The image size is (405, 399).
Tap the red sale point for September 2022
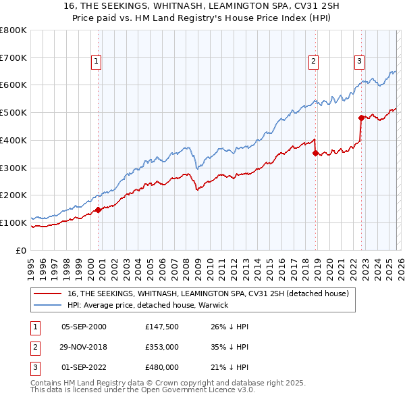coord(361,118)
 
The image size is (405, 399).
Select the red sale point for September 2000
coord(99,210)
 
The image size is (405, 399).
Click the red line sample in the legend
coord(49,294)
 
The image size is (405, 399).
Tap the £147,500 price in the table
coord(161,327)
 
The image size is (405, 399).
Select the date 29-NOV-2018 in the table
coord(84,347)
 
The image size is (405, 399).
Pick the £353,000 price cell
coord(161,347)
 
